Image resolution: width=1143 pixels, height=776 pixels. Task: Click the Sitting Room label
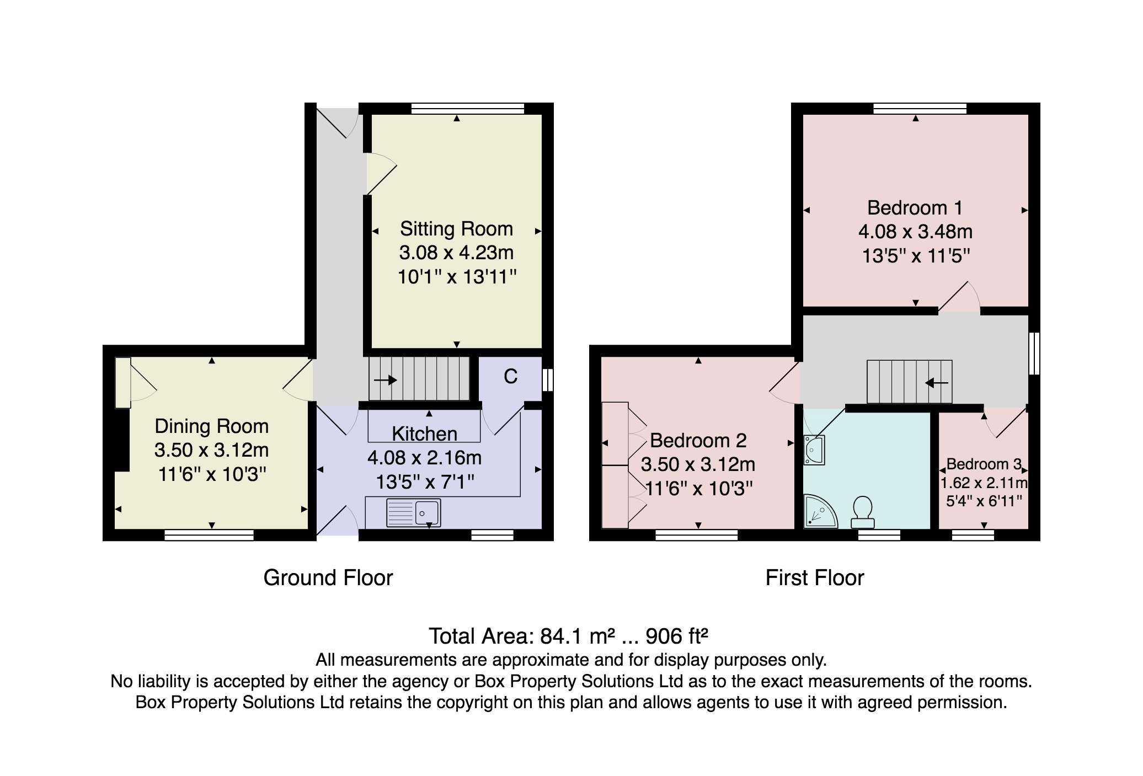(x=456, y=229)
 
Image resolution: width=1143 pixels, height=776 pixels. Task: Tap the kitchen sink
(x=414, y=513)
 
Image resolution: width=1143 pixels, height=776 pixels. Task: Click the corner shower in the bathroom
(x=820, y=511)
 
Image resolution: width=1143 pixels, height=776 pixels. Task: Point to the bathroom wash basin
(x=814, y=450)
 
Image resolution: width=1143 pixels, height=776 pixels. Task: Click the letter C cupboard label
(x=510, y=377)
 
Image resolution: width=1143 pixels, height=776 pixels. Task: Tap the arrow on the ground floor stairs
(x=386, y=380)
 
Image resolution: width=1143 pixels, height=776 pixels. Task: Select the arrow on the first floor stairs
(x=937, y=382)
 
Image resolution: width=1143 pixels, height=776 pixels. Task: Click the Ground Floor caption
(x=328, y=578)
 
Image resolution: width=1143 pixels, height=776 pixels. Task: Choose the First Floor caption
(x=815, y=578)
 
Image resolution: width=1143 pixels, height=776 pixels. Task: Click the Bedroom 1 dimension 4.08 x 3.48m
(x=915, y=232)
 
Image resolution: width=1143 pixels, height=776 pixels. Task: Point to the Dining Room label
(x=212, y=426)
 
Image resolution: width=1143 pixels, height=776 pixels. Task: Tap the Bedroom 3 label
(x=984, y=464)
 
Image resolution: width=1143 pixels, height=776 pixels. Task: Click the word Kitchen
(x=425, y=434)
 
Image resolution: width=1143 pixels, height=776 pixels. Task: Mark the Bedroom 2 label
(x=698, y=441)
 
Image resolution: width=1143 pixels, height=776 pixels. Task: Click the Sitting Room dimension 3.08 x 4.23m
(x=456, y=253)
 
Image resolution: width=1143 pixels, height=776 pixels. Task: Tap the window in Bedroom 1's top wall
(x=920, y=108)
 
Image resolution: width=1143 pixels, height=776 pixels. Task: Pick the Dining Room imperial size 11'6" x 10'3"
(x=212, y=474)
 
